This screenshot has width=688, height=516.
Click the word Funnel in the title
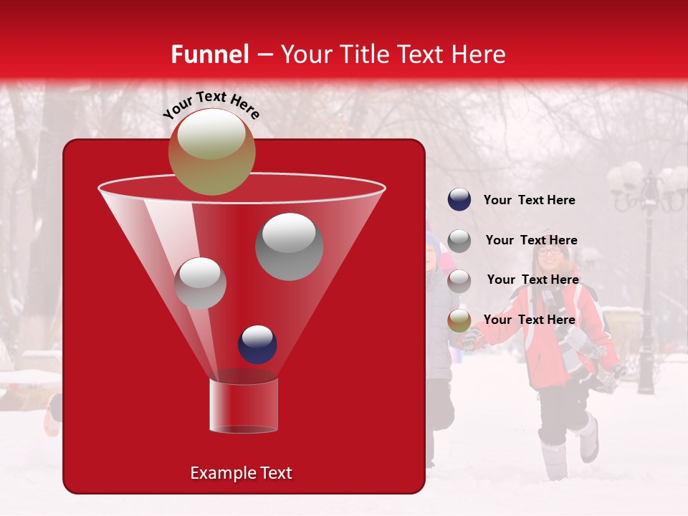[210, 54]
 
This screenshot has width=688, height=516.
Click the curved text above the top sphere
[211, 104]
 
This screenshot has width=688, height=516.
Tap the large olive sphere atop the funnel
[211, 151]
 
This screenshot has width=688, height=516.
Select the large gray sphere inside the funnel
[289, 246]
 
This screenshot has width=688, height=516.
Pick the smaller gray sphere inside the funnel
[200, 283]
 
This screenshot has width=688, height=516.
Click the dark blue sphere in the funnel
[257, 344]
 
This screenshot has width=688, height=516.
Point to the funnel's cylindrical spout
[243, 405]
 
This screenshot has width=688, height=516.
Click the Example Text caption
[241, 473]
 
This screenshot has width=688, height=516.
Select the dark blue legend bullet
[459, 200]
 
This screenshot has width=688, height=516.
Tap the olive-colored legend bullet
[459, 320]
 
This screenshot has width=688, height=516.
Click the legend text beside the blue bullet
[529, 201]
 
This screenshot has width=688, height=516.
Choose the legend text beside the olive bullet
[529, 320]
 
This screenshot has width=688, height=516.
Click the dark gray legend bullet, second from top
[459, 241]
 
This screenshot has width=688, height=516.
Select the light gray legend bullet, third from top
[459, 280]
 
